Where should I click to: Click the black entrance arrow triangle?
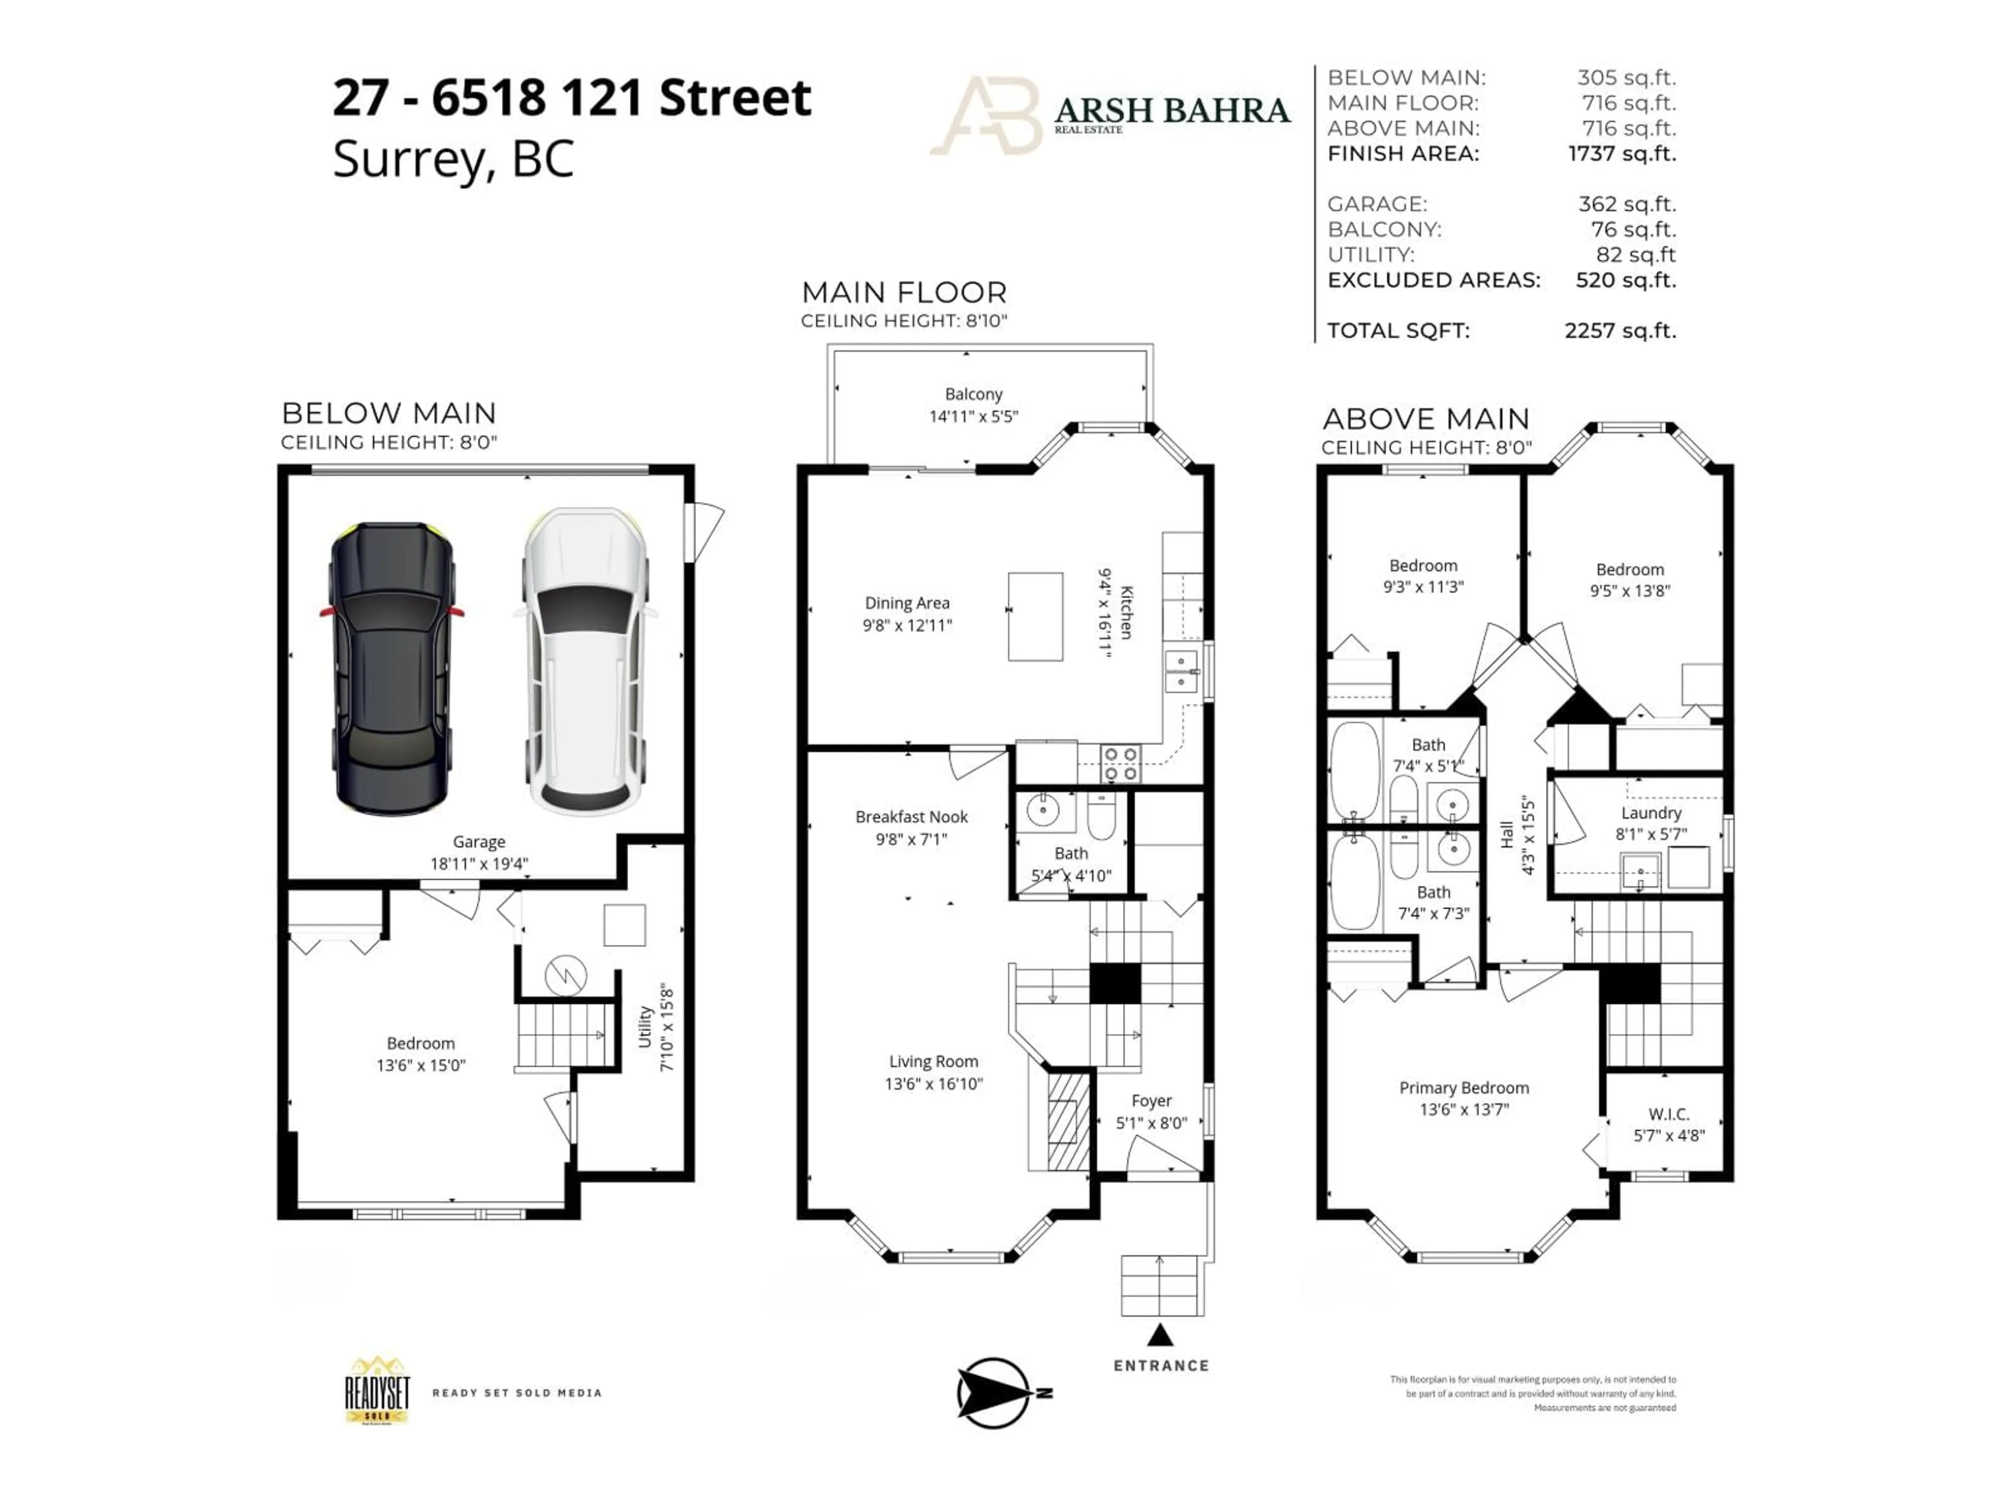point(1160,1336)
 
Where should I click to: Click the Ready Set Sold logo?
point(378,1391)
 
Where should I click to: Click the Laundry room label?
point(1650,813)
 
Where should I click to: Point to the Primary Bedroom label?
point(1463,1088)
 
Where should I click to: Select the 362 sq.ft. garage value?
point(1627,204)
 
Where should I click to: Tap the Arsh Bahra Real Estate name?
point(1171,111)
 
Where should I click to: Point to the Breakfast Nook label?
point(911,816)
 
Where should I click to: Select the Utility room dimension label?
point(667,1026)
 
